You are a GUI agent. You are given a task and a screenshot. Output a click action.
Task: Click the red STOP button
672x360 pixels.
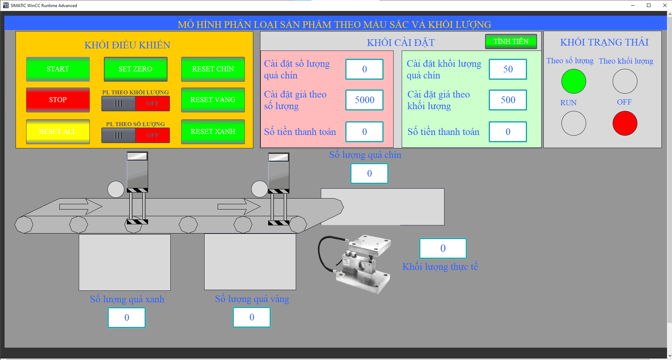coord(58,100)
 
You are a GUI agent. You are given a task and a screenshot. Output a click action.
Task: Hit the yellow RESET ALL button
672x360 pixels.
coord(58,132)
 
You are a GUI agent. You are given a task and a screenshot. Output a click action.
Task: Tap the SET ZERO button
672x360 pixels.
coord(135,69)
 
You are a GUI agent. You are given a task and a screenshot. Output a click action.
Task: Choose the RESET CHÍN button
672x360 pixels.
coord(213,69)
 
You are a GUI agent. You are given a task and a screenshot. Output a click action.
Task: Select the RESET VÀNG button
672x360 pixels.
coord(213,100)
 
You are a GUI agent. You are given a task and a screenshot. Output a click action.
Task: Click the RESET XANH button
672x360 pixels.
coord(213,132)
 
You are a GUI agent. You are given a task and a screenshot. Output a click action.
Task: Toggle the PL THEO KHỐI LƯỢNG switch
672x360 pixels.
coord(136,104)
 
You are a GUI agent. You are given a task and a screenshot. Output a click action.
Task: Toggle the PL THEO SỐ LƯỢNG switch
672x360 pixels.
coord(136,135)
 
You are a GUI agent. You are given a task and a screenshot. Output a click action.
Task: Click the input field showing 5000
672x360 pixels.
coord(364,100)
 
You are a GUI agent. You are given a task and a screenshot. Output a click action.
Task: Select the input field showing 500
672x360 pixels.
coord(508,100)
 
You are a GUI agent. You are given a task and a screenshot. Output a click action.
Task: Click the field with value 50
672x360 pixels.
coord(508,69)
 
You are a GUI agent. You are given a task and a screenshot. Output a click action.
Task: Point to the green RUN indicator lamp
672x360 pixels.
coord(573,81)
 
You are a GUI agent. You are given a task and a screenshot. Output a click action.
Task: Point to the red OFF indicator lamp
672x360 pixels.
coord(625,123)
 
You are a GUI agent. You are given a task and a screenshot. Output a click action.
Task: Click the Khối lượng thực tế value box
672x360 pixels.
coord(443,248)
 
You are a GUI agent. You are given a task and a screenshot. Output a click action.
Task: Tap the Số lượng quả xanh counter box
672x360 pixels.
coord(126,318)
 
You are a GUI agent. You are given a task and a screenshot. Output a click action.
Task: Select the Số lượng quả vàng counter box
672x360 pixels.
coord(252,317)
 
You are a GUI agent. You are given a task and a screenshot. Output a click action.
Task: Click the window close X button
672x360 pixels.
coord(665,5)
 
